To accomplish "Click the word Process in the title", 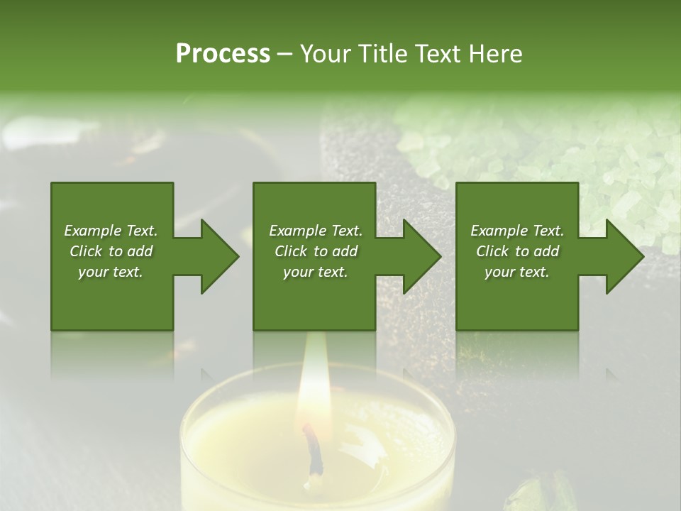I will pyautogui.click(x=223, y=54).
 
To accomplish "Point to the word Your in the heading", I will pyautogui.click(x=325, y=54).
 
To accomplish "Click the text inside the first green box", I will pyautogui.click(x=111, y=251).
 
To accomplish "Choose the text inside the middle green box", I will pyautogui.click(x=316, y=251).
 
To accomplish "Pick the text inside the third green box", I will pyautogui.click(x=517, y=251).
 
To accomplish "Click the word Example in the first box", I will pyautogui.click(x=92, y=231).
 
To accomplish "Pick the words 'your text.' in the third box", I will pyautogui.click(x=517, y=272).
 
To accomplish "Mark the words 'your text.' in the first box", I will pyautogui.click(x=111, y=272).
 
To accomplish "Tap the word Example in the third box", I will pyautogui.click(x=499, y=231).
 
